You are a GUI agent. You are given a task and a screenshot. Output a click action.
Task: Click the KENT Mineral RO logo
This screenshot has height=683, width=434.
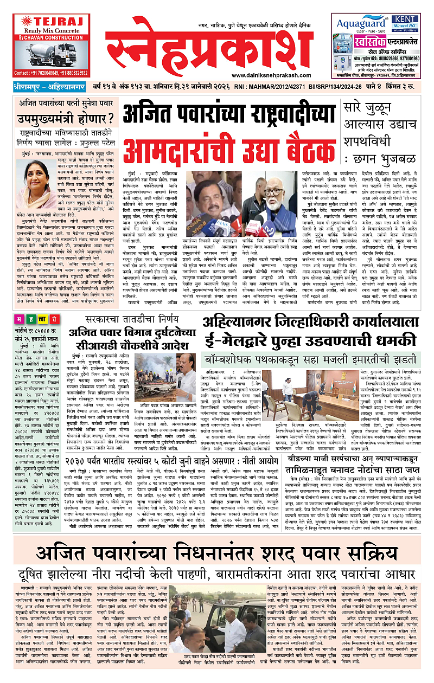tap(407, 22)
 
